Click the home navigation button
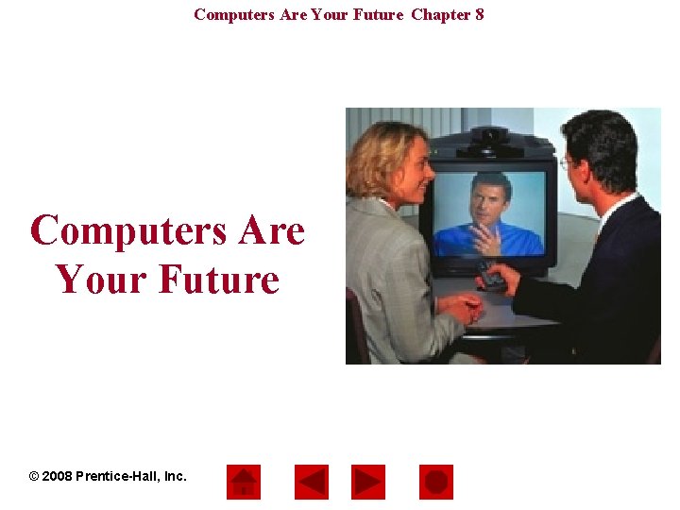(x=244, y=482)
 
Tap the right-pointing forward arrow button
(x=368, y=482)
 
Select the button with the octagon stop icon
(x=435, y=482)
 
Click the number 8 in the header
(x=479, y=14)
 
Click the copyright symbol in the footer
(x=35, y=476)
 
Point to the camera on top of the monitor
(x=490, y=139)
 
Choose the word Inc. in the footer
(x=176, y=476)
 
